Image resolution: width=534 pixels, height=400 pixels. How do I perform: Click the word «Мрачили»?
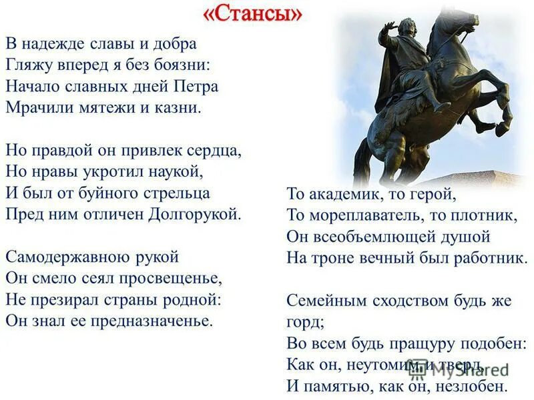coord(35,108)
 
